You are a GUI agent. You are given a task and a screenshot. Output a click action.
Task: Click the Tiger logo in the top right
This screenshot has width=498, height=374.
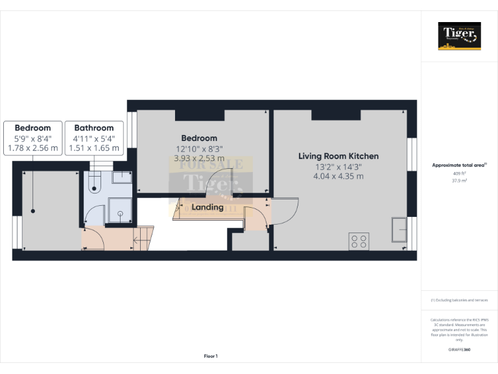click(460, 36)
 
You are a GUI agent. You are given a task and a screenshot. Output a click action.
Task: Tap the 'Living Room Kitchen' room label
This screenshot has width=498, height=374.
click(338, 156)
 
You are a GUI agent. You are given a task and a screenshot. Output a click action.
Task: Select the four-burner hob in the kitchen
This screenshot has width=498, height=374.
click(359, 241)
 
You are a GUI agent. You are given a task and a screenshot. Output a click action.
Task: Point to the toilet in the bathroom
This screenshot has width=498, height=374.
click(94, 182)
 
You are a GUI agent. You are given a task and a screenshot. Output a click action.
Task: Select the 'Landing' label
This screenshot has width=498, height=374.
click(207, 207)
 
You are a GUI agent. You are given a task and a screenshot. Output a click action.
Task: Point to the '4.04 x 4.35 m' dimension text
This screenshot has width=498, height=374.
click(338, 176)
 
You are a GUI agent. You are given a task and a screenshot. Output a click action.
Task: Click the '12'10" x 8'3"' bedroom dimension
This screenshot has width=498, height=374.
click(199, 149)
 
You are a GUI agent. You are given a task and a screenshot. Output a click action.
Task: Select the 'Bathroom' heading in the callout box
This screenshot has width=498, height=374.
click(94, 128)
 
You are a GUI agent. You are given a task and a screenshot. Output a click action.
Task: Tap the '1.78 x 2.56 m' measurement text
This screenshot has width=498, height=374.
click(32, 148)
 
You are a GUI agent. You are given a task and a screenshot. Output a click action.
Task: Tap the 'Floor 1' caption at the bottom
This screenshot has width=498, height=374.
click(211, 356)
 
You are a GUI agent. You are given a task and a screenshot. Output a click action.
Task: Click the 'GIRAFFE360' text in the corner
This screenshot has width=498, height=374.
click(460, 350)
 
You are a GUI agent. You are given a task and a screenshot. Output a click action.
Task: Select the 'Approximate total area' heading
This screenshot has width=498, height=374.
click(458, 165)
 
